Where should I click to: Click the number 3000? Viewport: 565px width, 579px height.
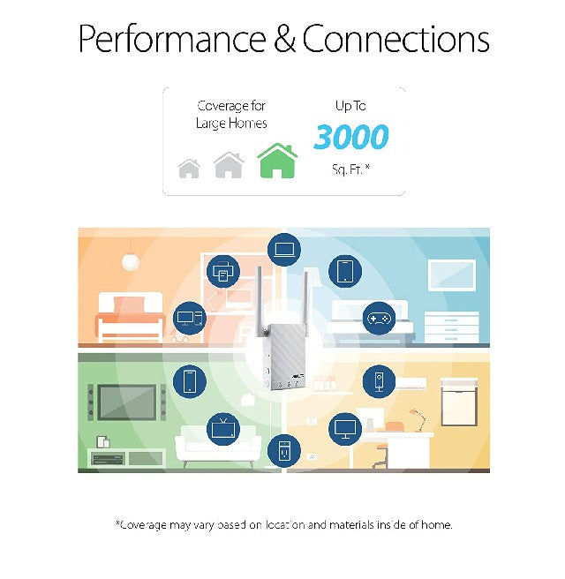pyautogui.click(x=350, y=138)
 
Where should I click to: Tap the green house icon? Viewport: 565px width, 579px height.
pyautogui.click(x=277, y=162)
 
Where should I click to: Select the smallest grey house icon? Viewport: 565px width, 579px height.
pyautogui.click(x=189, y=168)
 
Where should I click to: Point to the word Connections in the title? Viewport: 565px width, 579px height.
pyautogui.click(x=395, y=40)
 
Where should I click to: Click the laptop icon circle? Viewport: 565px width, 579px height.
pyautogui.click(x=283, y=250)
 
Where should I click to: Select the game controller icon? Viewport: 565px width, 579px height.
pyautogui.click(x=378, y=317)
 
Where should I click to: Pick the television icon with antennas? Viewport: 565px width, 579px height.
pyautogui.click(x=223, y=429)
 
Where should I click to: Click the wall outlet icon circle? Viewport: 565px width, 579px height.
pyautogui.click(x=283, y=450)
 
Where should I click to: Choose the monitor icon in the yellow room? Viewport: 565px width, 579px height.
pyautogui.click(x=345, y=429)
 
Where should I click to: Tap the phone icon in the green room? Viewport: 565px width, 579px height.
pyautogui.click(x=189, y=380)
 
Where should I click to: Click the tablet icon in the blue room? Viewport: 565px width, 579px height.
pyautogui.click(x=345, y=271)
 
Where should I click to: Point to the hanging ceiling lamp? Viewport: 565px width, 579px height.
pyautogui.click(x=131, y=260)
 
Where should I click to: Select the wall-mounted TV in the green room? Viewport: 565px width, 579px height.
pyautogui.click(x=126, y=402)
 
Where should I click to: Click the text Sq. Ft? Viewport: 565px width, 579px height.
pyautogui.click(x=350, y=167)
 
